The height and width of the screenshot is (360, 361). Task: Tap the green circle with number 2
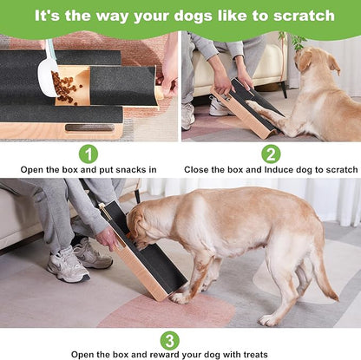[271, 154]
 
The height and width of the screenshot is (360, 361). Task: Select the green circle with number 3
[170, 340]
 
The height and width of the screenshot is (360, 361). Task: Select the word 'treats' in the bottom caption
[251, 354]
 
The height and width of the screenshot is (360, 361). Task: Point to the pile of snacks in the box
[67, 85]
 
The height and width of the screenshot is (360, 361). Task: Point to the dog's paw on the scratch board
[253, 107]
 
